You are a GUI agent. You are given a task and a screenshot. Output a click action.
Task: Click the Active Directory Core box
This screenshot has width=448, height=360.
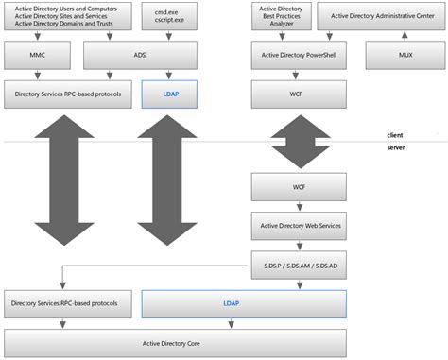click(x=175, y=342)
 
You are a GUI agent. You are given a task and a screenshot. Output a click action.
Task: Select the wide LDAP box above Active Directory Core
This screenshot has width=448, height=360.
click(x=244, y=303)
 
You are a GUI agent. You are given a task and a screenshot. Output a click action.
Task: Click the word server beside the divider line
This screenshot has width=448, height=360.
click(x=395, y=148)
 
